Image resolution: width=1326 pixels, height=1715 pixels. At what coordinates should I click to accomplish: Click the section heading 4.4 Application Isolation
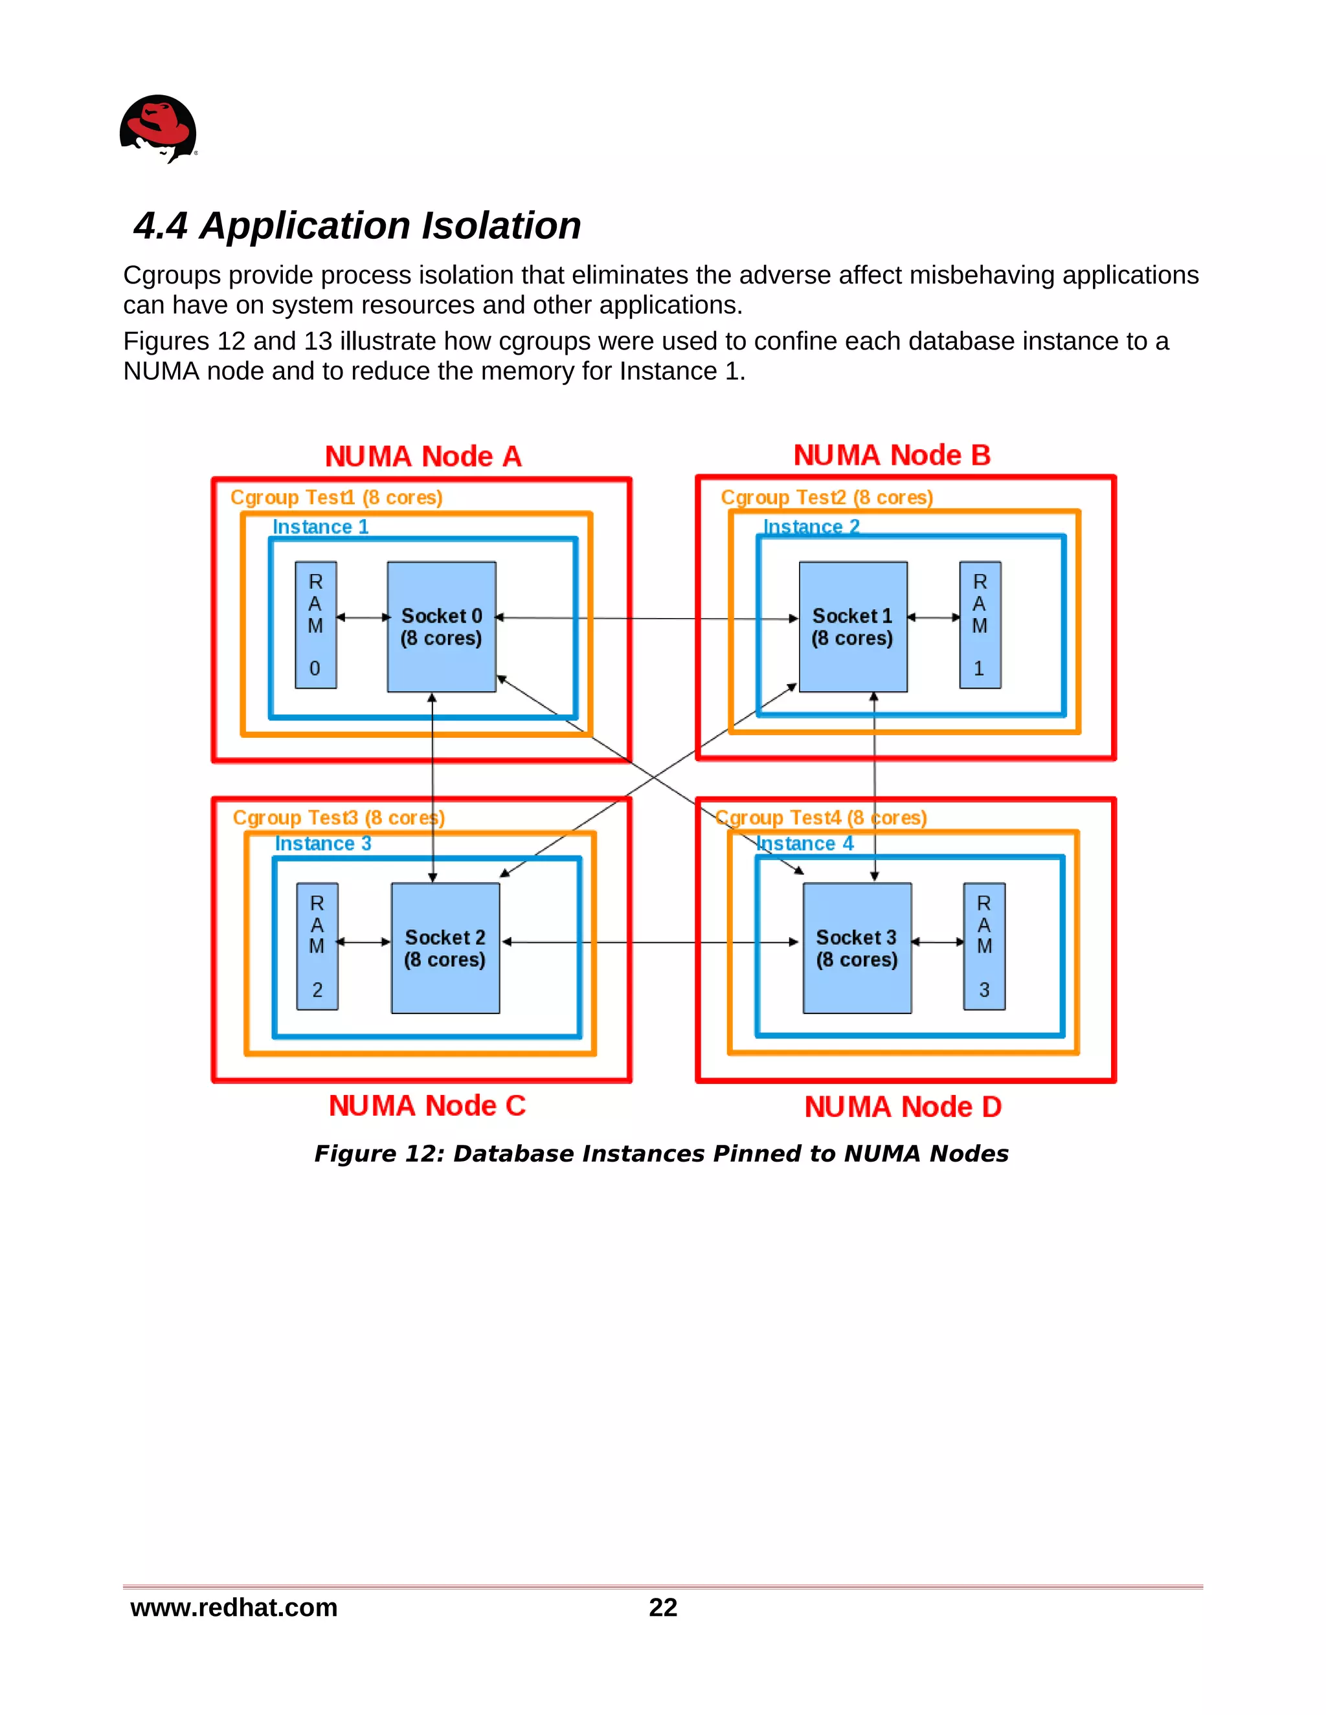[x=357, y=226]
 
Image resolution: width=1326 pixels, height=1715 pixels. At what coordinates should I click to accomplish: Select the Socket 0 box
[x=441, y=626]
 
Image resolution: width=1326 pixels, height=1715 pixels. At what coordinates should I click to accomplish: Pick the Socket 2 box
[x=445, y=948]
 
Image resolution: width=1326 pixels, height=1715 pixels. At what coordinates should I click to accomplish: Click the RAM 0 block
[x=316, y=625]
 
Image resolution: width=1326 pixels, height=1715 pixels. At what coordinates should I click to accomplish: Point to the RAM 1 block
[x=980, y=625]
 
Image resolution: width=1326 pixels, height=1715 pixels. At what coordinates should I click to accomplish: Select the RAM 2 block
[x=317, y=946]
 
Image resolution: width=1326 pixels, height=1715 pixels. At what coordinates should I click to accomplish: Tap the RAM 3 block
[x=983, y=946]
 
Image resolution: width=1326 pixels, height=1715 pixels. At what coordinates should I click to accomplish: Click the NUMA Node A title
[x=423, y=457]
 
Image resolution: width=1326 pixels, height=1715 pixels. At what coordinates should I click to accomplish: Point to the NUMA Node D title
[x=903, y=1107]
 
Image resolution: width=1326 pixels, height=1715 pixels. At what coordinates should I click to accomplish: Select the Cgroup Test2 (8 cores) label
[x=826, y=498]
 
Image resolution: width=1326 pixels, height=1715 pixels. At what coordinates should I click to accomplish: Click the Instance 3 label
[x=323, y=844]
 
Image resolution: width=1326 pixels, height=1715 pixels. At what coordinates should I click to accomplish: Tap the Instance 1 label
[x=320, y=527]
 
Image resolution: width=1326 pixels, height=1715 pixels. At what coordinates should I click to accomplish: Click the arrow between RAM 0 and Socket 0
[x=362, y=618]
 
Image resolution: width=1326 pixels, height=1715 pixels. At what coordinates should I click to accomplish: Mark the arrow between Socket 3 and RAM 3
[x=937, y=942]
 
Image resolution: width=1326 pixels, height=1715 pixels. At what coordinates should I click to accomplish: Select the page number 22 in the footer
[x=662, y=1608]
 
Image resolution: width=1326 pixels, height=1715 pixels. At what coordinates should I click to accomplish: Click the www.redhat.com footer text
[x=233, y=1608]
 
